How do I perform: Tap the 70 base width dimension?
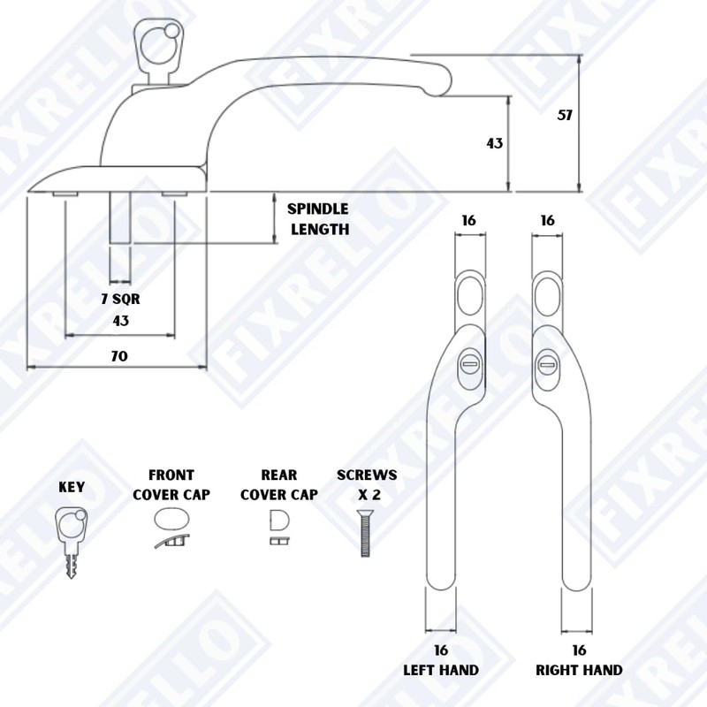(x=119, y=356)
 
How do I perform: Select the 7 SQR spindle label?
(x=120, y=299)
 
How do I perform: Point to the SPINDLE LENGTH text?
(x=318, y=219)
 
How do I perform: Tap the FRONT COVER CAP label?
(x=171, y=484)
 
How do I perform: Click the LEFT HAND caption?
(x=441, y=670)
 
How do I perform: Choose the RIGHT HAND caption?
(x=579, y=670)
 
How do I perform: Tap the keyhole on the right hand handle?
(x=547, y=361)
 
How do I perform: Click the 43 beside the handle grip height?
(x=495, y=143)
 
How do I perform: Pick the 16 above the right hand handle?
(x=547, y=220)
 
